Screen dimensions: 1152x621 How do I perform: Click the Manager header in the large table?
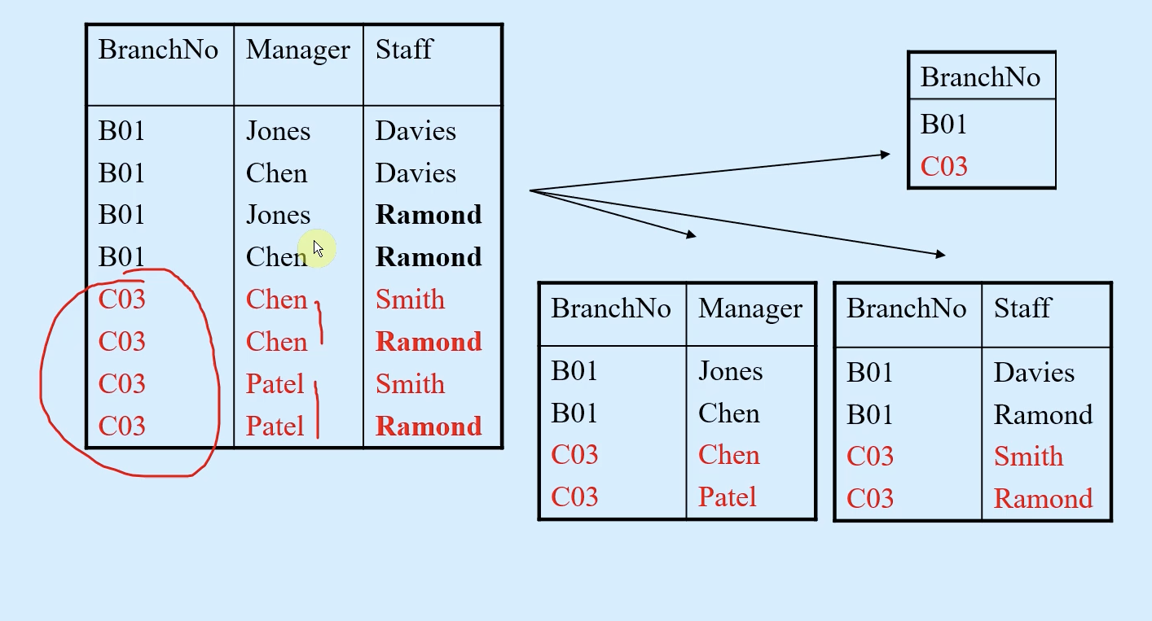pyautogui.click(x=297, y=50)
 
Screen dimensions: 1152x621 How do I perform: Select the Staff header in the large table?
pyautogui.click(x=404, y=50)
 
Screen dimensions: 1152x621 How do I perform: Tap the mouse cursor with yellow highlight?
pyautogui.click(x=318, y=249)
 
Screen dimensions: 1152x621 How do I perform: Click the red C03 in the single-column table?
pyautogui.click(x=943, y=166)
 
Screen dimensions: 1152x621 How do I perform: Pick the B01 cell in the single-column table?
pyautogui.click(x=943, y=125)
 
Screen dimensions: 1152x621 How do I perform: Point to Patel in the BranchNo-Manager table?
pyautogui.click(x=728, y=496)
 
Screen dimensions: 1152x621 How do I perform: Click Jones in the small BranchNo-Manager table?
pyautogui.click(x=730, y=371)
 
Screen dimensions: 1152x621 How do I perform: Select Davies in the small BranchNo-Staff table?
pyautogui.click(x=1034, y=373)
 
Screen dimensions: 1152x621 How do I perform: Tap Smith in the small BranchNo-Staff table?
pyautogui.click(x=1028, y=456)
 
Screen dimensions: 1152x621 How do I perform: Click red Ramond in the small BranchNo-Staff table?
pyautogui.click(x=1043, y=498)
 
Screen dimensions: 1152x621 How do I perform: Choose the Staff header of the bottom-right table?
pyautogui.click(x=1023, y=308)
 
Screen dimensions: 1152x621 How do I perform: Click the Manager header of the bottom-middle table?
pyautogui.click(x=750, y=309)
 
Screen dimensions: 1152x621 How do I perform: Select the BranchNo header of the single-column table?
pyautogui.click(x=980, y=77)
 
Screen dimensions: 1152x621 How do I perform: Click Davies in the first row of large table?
pyautogui.click(x=416, y=130)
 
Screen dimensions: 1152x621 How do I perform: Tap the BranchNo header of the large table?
pyautogui.click(x=158, y=50)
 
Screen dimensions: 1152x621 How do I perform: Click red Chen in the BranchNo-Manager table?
pyautogui.click(x=728, y=455)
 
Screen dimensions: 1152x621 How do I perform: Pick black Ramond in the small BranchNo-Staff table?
pyautogui.click(x=1043, y=414)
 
